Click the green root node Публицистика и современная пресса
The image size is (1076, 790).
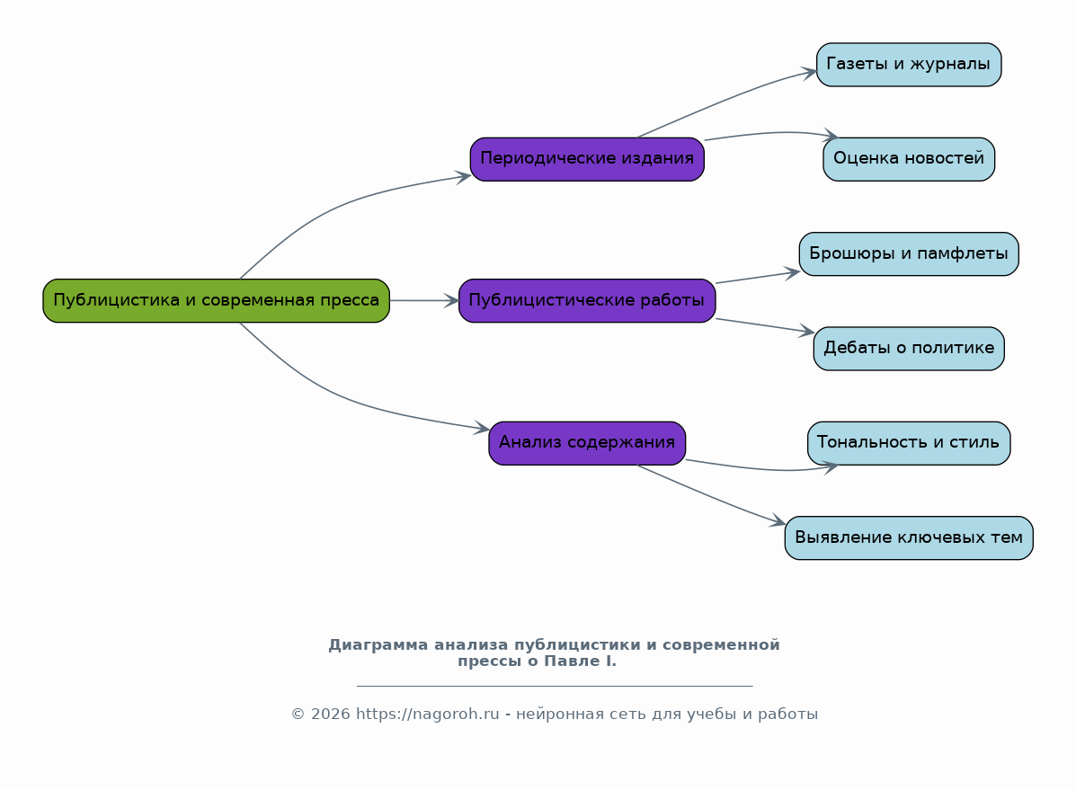tap(216, 300)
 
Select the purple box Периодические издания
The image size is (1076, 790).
tap(586, 159)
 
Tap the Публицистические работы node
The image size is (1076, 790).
tap(586, 300)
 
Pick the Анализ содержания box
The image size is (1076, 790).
tap(586, 442)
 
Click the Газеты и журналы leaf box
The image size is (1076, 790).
tap(908, 65)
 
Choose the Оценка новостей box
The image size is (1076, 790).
tap(908, 159)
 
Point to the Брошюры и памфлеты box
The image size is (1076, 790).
tap(908, 253)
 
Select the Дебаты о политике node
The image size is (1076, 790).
tap(908, 348)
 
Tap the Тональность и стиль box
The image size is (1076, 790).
tap(908, 442)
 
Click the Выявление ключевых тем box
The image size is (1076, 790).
tap(908, 537)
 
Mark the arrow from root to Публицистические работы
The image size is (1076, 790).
tap(423, 300)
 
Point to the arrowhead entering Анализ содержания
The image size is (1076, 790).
tap(483, 429)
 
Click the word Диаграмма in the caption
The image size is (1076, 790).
tap(378, 644)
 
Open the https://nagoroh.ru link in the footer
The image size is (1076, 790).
tap(427, 714)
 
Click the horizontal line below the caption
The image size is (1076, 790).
tap(554, 686)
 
